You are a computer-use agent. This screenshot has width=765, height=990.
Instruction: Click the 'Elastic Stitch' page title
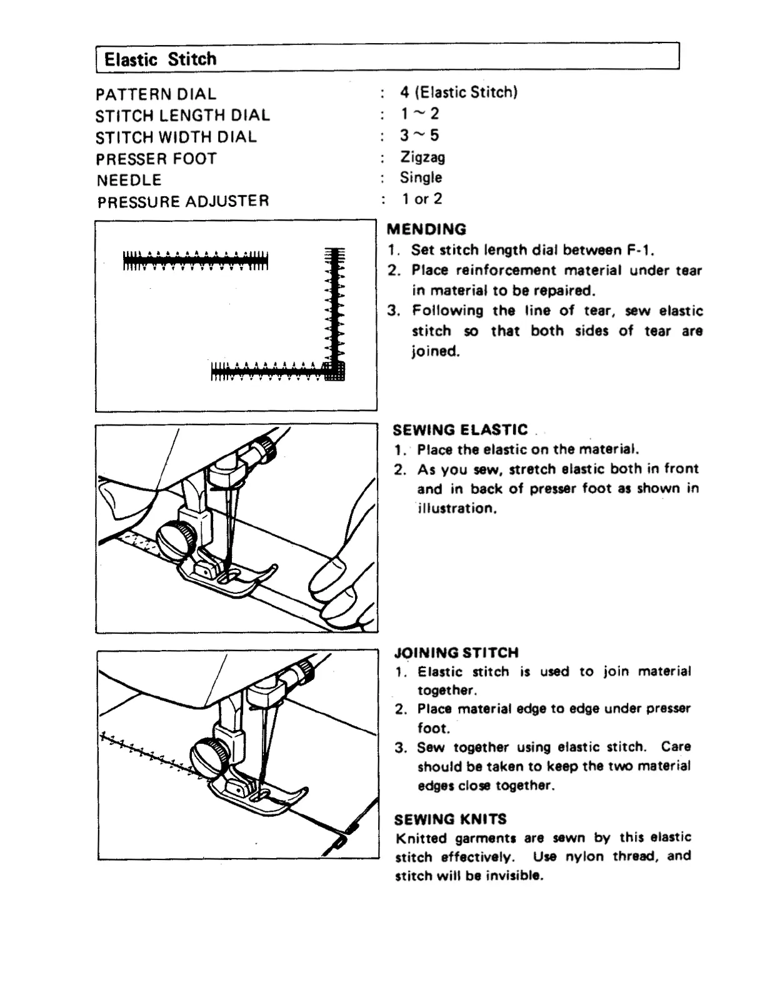(x=160, y=59)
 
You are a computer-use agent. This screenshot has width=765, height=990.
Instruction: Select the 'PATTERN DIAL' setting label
(x=156, y=94)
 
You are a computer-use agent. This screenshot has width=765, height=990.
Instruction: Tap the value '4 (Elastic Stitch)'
(x=459, y=92)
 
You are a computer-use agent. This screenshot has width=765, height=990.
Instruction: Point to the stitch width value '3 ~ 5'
(x=420, y=135)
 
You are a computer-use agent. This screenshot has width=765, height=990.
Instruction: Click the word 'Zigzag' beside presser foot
(x=422, y=157)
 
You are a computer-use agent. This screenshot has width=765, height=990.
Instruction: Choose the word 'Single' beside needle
(x=421, y=177)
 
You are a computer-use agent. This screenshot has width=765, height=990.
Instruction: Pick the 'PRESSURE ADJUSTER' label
(x=183, y=201)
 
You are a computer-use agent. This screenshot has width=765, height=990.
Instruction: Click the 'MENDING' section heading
(x=426, y=229)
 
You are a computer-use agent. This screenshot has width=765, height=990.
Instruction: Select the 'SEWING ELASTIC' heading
(x=460, y=430)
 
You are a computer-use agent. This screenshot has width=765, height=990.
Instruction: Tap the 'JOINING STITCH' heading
(x=456, y=652)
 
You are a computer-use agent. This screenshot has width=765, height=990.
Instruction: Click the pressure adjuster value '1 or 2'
(x=422, y=199)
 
